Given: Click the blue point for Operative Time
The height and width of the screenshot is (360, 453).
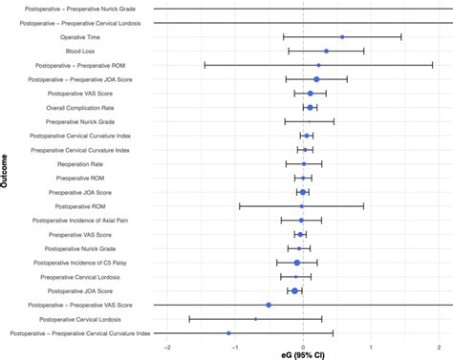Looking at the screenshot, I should click(x=342, y=37).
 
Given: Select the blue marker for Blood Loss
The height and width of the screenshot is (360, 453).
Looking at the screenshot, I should click(x=326, y=51).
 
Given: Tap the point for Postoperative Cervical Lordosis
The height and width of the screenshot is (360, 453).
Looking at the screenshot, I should click(x=255, y=319).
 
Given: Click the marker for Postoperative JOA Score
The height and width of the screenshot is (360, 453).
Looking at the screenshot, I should click(x=295, y=290).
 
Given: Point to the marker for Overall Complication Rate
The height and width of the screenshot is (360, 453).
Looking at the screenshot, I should click(x=310, y=108).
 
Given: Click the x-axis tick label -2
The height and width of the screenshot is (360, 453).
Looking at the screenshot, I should click(x=168, y=347).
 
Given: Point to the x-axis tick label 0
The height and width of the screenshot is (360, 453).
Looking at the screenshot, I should click(x=303, y=347).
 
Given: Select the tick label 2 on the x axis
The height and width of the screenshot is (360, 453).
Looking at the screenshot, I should click(x=438, y=347).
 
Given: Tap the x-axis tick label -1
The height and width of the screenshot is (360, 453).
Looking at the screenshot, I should click(x=235, y=347).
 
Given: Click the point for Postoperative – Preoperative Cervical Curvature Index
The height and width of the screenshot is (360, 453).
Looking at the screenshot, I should click(x=228, y=333).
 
